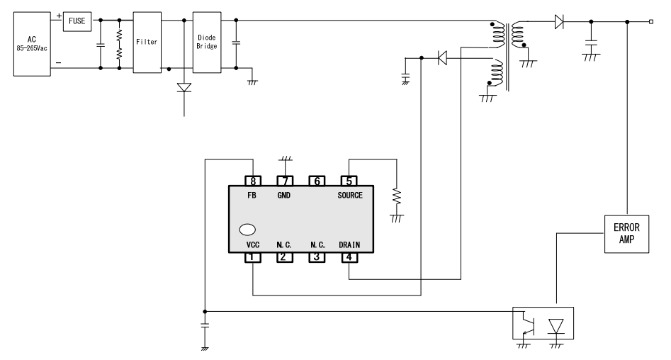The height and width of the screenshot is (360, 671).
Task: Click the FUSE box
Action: tap(77, 22)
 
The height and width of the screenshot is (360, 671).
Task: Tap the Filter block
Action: tap(147, 43)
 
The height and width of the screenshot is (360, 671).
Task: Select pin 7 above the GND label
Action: tap(284, 181)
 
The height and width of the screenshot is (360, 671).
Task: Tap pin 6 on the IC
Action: tap(317, 181)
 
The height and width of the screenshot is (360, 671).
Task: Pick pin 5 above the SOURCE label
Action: tap(349, 181)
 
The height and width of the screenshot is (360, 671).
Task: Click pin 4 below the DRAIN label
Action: tap(349, 257)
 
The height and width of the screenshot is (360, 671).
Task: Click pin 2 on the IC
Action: tap(284, 257)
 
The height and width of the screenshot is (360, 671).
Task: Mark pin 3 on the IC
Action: tap(317, 257)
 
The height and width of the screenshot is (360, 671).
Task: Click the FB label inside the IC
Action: tap(252, 194)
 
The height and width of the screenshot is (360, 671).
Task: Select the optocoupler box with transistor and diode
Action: tap(543, 323)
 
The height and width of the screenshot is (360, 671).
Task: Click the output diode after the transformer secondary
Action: tap(558, 23)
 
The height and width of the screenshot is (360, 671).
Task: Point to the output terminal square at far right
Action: tap(651, 23)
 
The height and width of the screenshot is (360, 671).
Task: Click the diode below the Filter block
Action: tap(184, 89)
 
